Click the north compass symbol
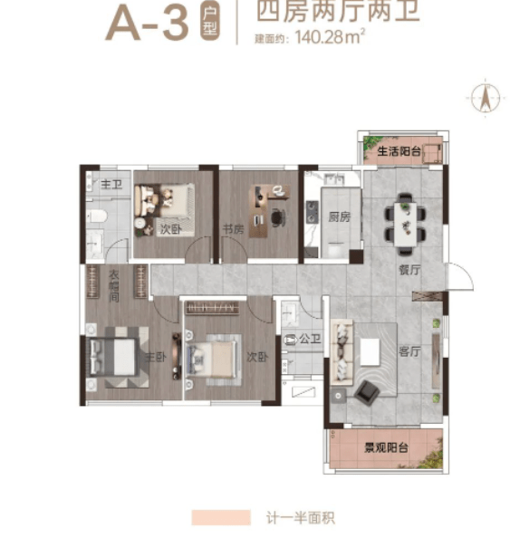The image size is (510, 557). [486, 97]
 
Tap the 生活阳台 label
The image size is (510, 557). [399, 151]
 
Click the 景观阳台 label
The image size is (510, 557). [386, 447]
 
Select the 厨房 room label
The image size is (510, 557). [339, 216]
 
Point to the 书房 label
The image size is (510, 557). [233, 229]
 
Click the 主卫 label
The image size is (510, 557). [111, 185]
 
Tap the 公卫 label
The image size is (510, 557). [310, 339]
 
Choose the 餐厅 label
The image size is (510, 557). [409, 270]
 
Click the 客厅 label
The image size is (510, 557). [409, 351]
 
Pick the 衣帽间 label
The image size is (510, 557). [114, 286]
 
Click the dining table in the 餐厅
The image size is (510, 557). [405, 224]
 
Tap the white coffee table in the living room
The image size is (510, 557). [370, 351]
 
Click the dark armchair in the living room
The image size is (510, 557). [367, 392]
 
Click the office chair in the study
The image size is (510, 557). [278, 217]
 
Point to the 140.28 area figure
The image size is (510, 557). [319, 37]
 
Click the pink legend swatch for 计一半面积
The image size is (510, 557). [221, 517]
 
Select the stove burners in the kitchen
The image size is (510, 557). [312, 212]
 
